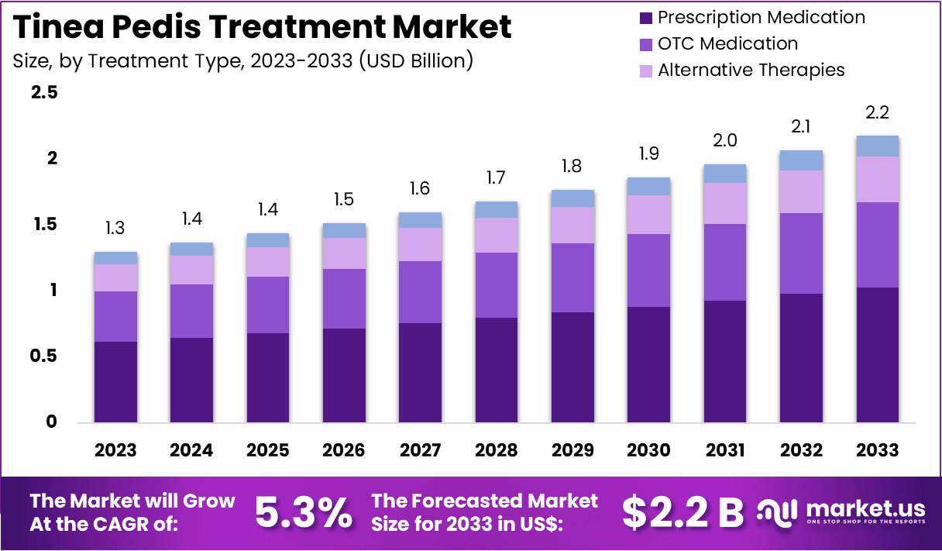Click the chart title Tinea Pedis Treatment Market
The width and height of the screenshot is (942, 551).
(x=263, y=27)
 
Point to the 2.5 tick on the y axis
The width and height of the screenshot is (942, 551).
(x=43, y=93)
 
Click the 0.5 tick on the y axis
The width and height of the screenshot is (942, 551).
(x=43, y=356)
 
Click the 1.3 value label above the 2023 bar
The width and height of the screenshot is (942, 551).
(x=115, y=229)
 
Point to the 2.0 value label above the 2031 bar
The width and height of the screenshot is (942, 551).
(x=724, y=140)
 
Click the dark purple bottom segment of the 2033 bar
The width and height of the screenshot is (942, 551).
(x=877, y=355)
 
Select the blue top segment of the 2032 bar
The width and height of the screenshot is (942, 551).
(x=801, y=160)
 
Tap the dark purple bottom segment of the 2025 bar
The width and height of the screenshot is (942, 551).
(x=268, y=378)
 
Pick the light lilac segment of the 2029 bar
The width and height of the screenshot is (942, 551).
(x=572, y=225)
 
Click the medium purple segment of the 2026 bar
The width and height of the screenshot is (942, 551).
(x=344, y=298)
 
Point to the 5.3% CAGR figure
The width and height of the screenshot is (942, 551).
(x=303, y=512)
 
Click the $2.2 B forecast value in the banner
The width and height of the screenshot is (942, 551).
(x=682, y=512)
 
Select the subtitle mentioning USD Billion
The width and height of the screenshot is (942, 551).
(x=242, y=60)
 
